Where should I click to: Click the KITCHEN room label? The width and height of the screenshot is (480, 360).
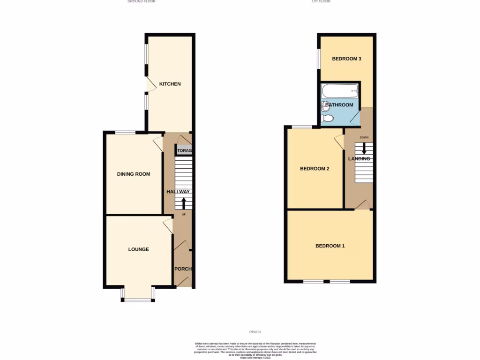(170, 84)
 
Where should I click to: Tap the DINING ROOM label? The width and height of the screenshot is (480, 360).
(134, 174)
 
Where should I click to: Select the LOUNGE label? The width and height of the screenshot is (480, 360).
(138, 249)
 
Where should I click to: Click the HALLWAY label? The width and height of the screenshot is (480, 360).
(178, 192)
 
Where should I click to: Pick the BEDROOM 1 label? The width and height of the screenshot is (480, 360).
(330, 246)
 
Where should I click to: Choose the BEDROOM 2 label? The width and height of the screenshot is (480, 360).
(315, 169)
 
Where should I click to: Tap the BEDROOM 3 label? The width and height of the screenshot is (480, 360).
(346, 59)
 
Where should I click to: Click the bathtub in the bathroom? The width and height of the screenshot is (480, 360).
(340, 91)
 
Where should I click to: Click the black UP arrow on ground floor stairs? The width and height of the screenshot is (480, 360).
(183, 203)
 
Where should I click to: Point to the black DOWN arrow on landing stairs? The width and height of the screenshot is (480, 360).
(364, 149)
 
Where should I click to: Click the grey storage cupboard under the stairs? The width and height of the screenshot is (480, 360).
(184, 150)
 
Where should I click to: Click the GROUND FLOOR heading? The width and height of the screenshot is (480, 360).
(142, 2)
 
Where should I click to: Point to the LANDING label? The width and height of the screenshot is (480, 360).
(359, 159)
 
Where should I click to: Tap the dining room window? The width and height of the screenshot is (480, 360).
(125, 133)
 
